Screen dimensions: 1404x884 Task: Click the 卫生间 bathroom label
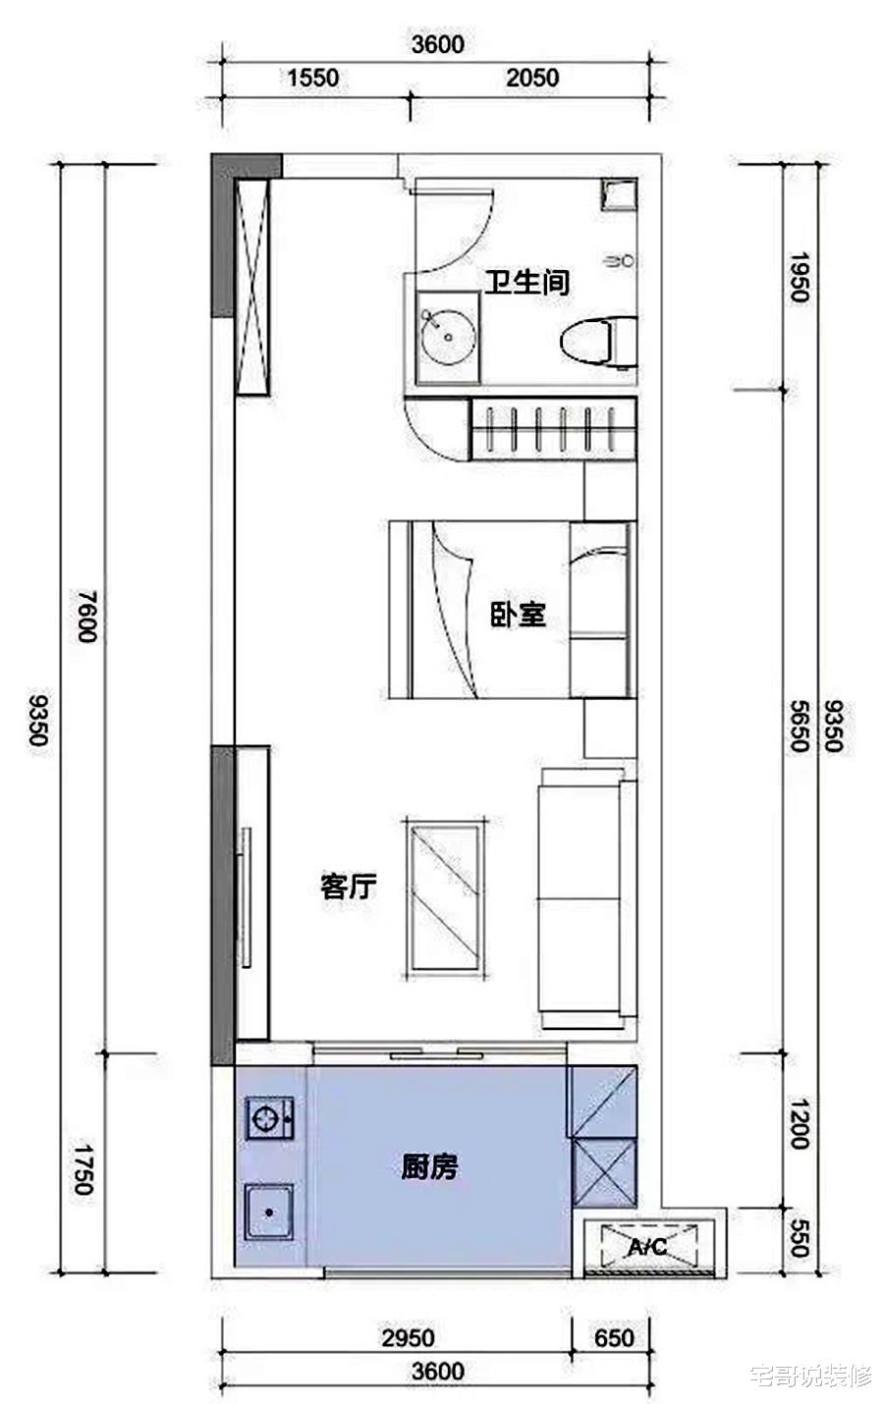pyautogui.click(x=526, y=284)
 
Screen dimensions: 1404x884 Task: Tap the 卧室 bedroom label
pyautogui.click(x=518, y=616)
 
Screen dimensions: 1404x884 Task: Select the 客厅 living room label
pyautogui.click(x=349, y=887)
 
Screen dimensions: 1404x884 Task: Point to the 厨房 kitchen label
pyautogui.click(x=429, y=1166)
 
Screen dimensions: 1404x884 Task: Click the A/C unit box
pyautogui.click(x=648, y=1247)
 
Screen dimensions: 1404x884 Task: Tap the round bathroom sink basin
pyautogui.click(x=448, y=336)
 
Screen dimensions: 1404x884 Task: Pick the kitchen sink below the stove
pyautogui.click(x=268, y=1212)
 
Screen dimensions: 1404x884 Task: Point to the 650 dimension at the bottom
pyautogui.click(x=615, y=1338)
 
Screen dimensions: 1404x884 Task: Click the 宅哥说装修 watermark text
pyautogui.click(x=809, y=1376)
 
